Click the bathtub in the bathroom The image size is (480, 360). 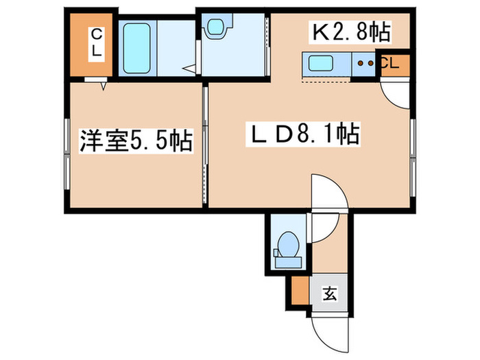pyautogui.click(x=138, y=47)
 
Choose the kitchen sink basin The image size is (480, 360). pyautogui.click(x=321, y=64)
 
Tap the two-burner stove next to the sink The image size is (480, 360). pyautogui.click(x=365, y=64)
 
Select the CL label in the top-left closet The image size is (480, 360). pyautogui.click(x=97, y=43)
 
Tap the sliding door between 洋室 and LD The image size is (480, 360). pyautogui.click(x=205, y=144)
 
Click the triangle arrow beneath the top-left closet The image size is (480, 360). pyautogui.click(x=104, y=86)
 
